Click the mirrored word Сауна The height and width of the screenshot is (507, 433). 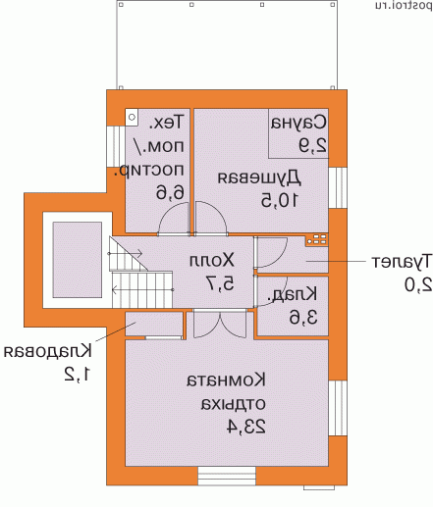(x=298, y=125)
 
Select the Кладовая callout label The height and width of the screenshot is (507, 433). (x=47, y=351)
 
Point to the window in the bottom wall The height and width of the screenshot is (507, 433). (x=227, y=475)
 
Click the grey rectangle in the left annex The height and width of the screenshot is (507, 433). (x=72, y=254)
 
